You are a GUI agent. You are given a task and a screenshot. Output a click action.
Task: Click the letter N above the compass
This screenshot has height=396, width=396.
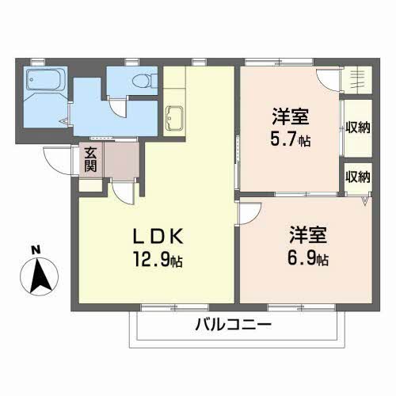36,250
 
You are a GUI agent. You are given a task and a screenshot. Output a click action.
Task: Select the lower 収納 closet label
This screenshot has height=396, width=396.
356,177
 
